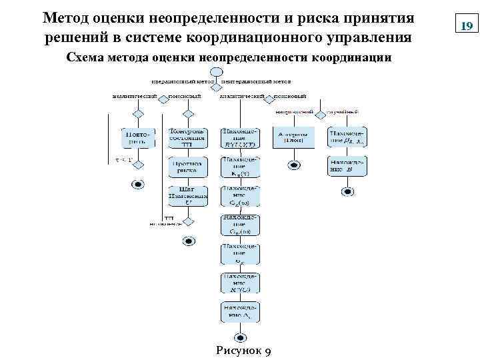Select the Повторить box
tap(137, 138)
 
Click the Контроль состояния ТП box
tap(188, 138)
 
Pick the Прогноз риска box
tap(188, 166)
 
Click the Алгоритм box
tap(292, 138)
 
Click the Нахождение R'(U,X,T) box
tap(241, 138)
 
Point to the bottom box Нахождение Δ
tap(241, 312)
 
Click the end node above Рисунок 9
tap(241, 337)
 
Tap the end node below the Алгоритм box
tap(292, 165)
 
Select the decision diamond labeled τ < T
tap(137, 163)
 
